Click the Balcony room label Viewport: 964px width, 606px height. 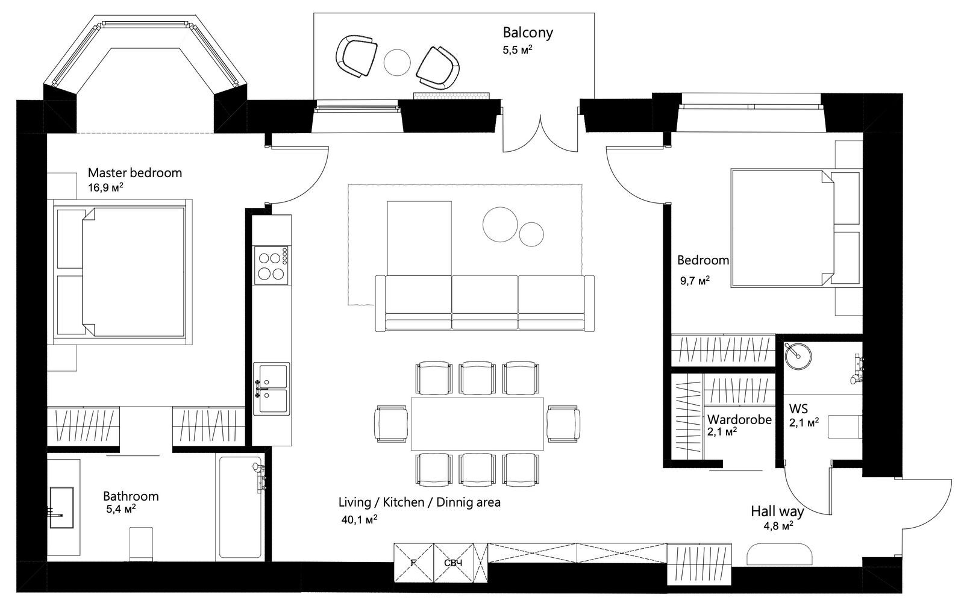[528, 33]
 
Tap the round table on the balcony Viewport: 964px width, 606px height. [397, 63]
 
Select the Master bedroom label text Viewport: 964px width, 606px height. [135, 173]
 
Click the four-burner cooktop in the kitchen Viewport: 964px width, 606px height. [271, 265]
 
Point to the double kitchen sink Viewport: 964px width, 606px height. [272, 389]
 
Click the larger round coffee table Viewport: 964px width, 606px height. [500, 224]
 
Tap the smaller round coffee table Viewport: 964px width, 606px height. [531, 234]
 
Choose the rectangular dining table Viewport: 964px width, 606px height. [477, 423]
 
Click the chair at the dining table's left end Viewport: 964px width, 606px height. [391, 423]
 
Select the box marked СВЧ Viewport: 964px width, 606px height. [454, 563]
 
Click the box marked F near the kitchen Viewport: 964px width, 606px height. [413, 563]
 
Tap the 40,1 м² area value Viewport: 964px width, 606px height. [359, 519]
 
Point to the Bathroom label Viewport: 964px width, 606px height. [131, 496]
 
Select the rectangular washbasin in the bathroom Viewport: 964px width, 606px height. [61, 507]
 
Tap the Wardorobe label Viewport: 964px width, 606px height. [739, 420]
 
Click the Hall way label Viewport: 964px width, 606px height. [777, 511]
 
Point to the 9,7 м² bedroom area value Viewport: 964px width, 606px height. [695, 281]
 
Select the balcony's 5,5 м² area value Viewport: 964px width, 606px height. [518, 50]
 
